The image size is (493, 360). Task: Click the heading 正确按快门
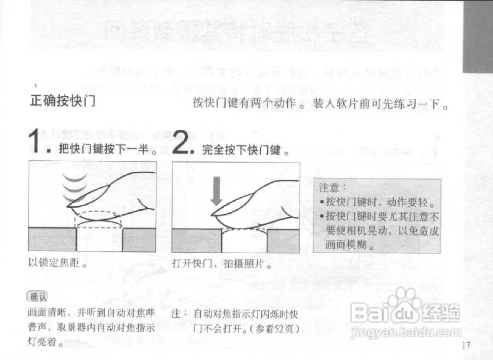(x=63, y=102)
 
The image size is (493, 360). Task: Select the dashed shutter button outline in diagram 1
(x=98, y=219)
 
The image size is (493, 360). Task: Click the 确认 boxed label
(x=37, y=297)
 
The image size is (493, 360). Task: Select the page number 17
(x=466, y=345)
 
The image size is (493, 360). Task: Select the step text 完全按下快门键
(x=246, y=150)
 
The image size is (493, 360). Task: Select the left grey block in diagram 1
(x=52, y=239)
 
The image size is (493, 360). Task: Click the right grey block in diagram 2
(x=283, y=241)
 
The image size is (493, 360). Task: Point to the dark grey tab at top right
(x=478, y=37)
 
